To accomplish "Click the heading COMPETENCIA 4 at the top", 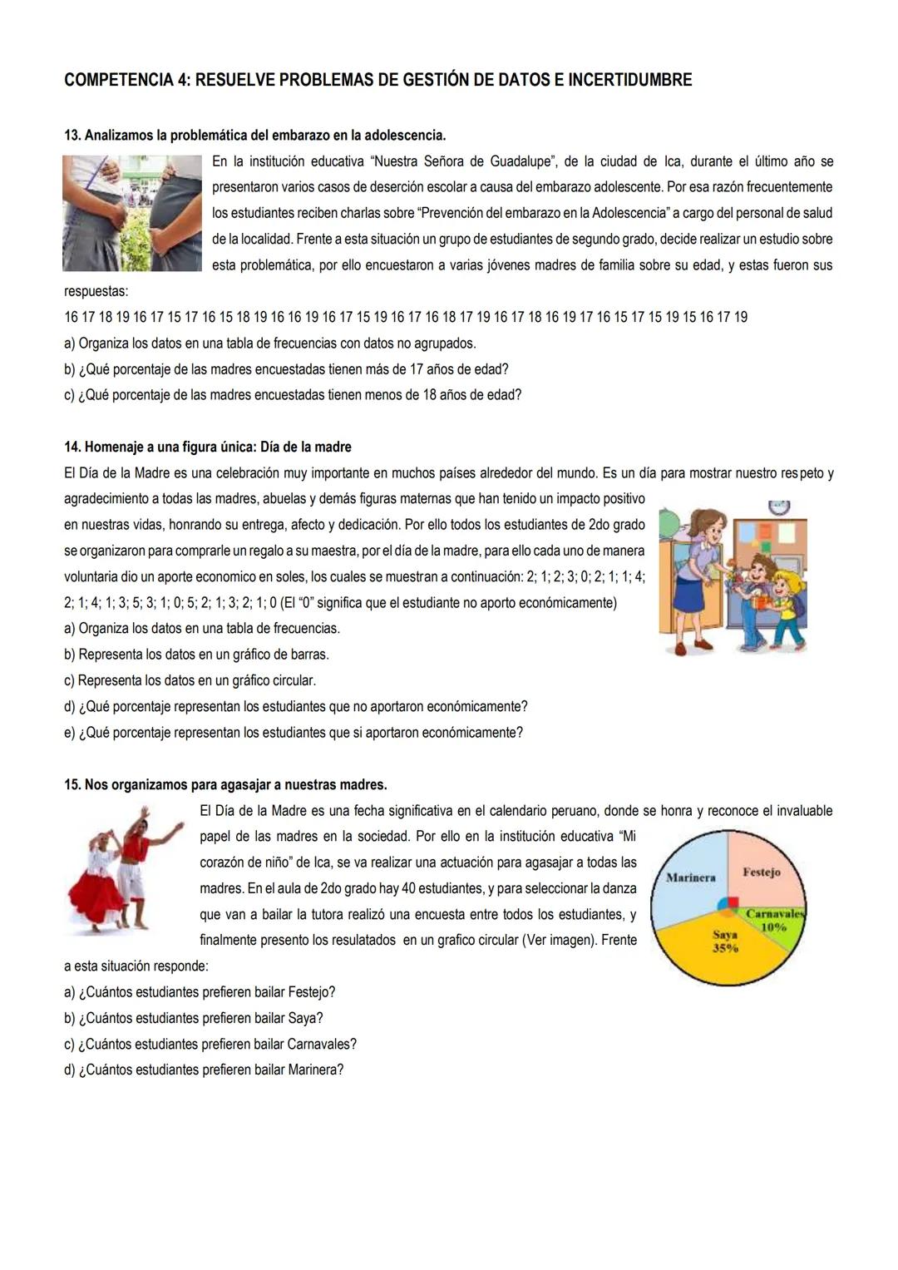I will tap(377, 81).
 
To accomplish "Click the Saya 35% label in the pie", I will tap(725, 941).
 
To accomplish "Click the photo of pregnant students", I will tap(132, 213).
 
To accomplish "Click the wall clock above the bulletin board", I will tap(778, 507).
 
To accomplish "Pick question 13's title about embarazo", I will tap(255, 135).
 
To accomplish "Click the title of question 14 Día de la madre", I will tap(208, 447).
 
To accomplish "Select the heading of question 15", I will tap(225, 784).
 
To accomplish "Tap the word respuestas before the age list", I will tap(96, 291).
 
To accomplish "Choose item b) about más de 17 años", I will tap(286, 368).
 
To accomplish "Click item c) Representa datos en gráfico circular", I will tap(190, 680).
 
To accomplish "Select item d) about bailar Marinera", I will tap(204, 1070).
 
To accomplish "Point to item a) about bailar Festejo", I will tap(200, 991).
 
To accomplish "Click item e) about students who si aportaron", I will tap(294, 733).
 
